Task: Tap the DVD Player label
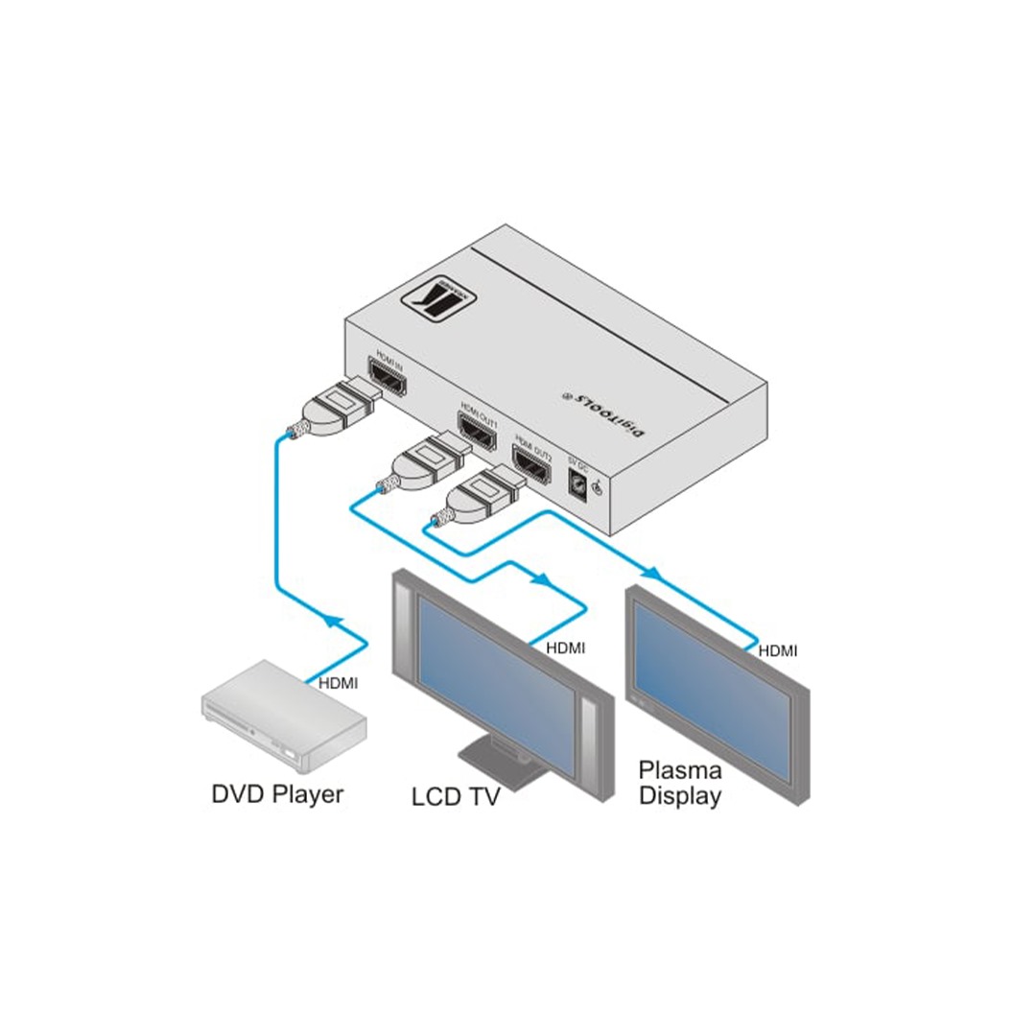pos(276,794)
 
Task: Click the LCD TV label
pos(456,796)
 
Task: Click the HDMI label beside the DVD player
pos(338,684)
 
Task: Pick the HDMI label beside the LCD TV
pos(565,648)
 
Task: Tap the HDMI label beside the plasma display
pos(777,651)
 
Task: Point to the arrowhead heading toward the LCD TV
pos(541,579)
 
